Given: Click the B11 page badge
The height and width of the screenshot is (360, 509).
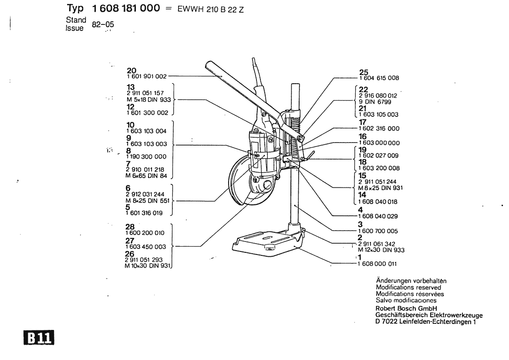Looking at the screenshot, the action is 39,338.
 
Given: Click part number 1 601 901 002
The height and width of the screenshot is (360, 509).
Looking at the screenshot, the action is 147,76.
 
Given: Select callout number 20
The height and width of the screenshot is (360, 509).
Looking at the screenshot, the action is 131,71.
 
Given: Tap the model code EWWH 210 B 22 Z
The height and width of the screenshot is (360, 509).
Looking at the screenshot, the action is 210,10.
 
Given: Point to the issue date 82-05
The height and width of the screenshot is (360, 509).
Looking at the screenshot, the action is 103,24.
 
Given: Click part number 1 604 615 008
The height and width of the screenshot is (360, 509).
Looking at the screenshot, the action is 379,78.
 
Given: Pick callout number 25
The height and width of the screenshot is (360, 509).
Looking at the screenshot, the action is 364,72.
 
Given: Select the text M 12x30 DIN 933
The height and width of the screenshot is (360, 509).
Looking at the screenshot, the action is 381,250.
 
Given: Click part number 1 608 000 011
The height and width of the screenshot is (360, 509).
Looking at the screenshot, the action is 377,264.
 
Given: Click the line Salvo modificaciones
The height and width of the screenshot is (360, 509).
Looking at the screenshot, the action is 406,300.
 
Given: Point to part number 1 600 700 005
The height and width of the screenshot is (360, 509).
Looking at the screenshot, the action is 378,231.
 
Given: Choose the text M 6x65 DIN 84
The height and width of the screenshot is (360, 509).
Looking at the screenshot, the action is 146,176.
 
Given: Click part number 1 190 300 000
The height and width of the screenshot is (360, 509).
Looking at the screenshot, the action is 146,156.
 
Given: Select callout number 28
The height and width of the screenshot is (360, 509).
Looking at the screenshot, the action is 130,227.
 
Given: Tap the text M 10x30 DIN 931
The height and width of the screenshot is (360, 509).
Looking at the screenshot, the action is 148,266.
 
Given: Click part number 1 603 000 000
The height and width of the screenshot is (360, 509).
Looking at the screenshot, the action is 379,143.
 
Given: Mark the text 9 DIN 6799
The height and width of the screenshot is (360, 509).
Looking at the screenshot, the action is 375,102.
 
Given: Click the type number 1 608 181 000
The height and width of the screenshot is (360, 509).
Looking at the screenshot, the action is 126,8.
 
